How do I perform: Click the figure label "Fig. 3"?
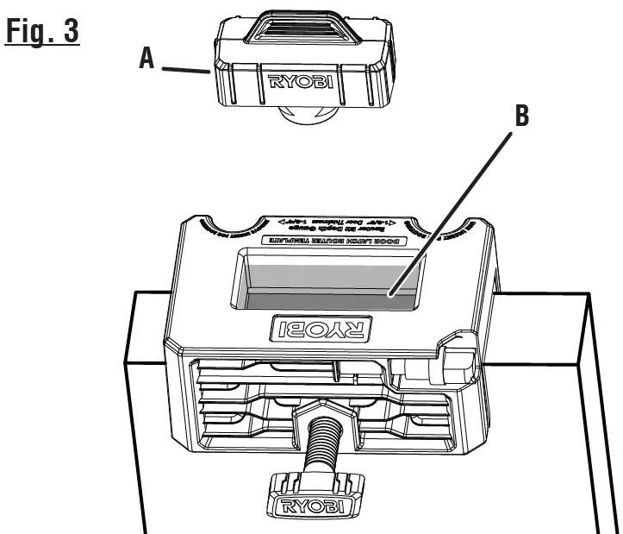tap(41, 28)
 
